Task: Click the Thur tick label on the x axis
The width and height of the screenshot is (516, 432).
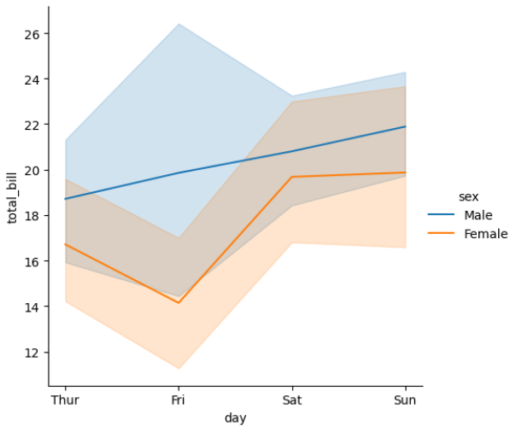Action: pyautogui.click(x=65, y=400)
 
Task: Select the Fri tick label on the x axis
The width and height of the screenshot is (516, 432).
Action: pyautogui.click(x=179, y=400)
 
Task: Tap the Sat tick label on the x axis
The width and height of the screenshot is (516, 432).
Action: pyautogui.click(x=292, y=400)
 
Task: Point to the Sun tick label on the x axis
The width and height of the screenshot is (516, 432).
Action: pyautogui.click(x=405, y=400)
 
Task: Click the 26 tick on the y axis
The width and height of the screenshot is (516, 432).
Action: pyautogui.click(x=32, y=34)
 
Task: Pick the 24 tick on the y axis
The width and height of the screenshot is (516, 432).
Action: pyautogui.click(x=32, y=79)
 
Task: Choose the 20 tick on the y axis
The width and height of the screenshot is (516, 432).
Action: pyautogui.click(x=32, y=171)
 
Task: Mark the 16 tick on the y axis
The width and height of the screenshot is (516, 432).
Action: pyautogui.click(x=32, y=261)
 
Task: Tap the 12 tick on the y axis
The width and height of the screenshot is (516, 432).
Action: pyautogui.click(x=32, y=353)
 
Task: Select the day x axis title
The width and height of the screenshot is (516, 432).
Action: pyautogui.click(x=236, y=417)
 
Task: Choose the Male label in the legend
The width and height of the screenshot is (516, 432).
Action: pyautogui.click(x=478, y=214)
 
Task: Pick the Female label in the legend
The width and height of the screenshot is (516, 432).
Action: pyautogui.click(x=485, y=234)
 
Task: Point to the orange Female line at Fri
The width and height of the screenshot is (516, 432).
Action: pyautogui.click(x=179, y=302)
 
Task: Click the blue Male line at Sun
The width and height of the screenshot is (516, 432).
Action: pyautogui.click(x=405, y=126)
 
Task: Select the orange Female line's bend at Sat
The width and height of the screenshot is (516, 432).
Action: pyautogui.click(x=292, y=177)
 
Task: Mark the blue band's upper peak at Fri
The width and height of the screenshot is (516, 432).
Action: pyautogui.click(x=179, y=24)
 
